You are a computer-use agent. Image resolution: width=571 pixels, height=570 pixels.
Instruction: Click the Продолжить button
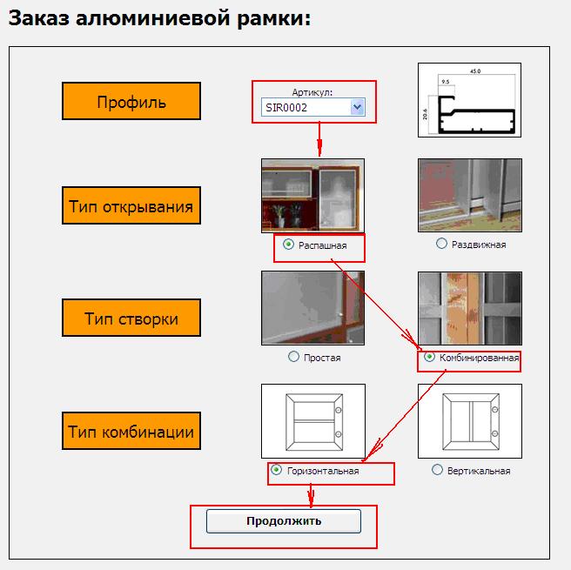click(283, 521)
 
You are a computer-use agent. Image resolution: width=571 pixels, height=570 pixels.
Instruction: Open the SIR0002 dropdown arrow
click(357, 107)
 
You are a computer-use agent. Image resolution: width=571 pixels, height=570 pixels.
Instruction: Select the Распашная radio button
click(288, 245)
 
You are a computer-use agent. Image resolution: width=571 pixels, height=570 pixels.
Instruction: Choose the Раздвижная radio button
click(442, 245)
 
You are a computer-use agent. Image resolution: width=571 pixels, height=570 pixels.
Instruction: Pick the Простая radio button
click(293, 357)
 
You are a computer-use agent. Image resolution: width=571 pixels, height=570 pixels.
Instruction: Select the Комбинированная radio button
click(429, 357)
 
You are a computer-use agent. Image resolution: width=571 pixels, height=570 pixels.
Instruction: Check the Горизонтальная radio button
click(277, 470)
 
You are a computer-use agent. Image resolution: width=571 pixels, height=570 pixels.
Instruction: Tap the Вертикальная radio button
click(438, 470)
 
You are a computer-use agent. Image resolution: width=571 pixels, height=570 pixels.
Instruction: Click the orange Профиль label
click(131, 102)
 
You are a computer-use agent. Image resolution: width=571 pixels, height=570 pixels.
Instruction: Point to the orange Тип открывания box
click(131, 206)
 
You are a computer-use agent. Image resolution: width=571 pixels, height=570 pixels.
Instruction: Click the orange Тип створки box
click(131, 319)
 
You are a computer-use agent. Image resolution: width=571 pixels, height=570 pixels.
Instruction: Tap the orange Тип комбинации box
click(131, 431)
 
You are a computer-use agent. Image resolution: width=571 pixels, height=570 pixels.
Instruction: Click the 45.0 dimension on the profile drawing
click(475, 70)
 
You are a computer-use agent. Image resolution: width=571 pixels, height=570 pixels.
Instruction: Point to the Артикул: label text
click(312, 92)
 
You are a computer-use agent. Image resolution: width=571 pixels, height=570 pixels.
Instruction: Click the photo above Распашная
click(312, 195)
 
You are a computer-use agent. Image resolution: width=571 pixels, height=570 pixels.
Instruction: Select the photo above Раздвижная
click(470, 195)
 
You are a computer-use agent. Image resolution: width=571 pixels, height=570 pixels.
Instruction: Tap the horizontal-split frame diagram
click(312, 421)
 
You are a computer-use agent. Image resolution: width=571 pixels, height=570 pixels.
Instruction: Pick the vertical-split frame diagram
click(470, 421)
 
